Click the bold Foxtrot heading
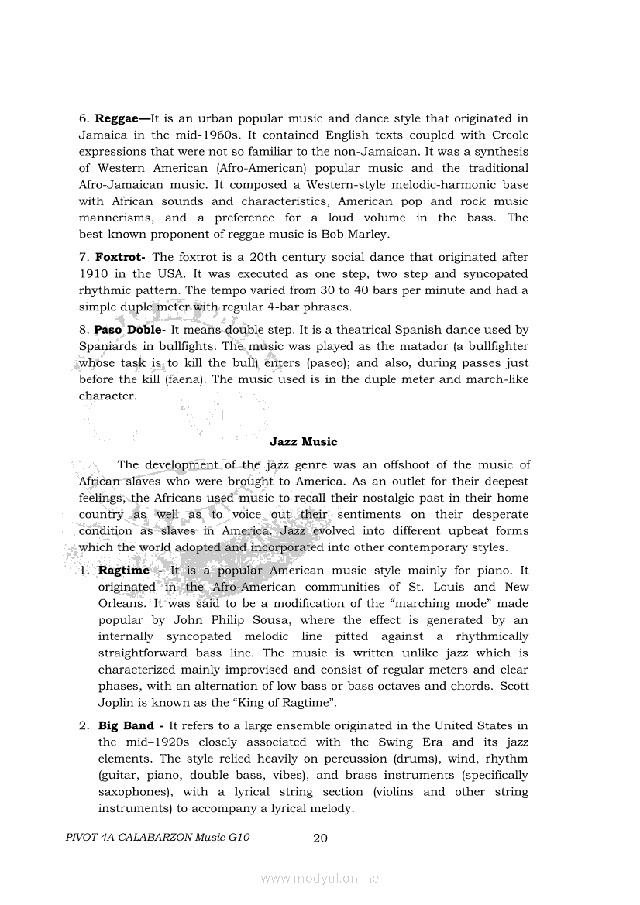pyautogui.click(x=122, y=257)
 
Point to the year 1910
pyautogui.click(x=94, y=274)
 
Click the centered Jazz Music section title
pyautogui.click(x=304, y=442)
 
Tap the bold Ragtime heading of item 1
pyautogui.click(x=124, y=571)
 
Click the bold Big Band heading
pyautogui.click(x=126, y=726)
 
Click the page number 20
pyautogui.click(x=321, y=838)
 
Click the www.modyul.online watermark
pyautogui.click(x=320, y=879)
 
